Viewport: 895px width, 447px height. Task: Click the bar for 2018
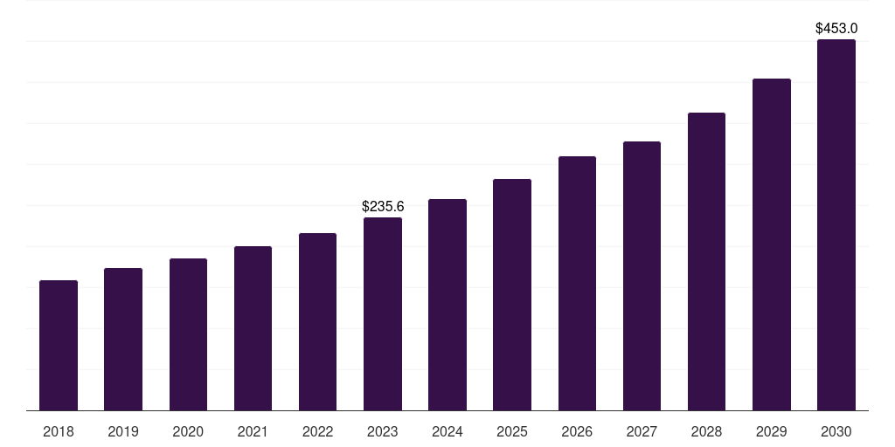(x=59, y=345)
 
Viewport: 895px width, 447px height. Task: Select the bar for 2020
(x=188, y=334)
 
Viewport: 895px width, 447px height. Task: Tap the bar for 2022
(x=317, y=321)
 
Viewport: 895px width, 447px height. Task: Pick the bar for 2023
(x=383, y=313)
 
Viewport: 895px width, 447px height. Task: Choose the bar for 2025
(x=512, y=294)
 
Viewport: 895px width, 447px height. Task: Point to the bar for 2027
(x=642, y=276)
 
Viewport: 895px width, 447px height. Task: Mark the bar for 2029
(x=772, y=244)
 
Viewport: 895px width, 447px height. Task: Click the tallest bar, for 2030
(x=836, y=224)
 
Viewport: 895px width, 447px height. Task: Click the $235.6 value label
(x=383, y=207)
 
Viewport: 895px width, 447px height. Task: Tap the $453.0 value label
(x=836, y=29)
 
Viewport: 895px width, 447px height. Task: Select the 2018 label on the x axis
(x=59, y=432)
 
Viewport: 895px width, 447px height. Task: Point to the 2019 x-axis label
(x=123, y=432)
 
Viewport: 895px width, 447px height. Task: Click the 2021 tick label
(x=253, y=432)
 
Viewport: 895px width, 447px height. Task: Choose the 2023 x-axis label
(x=383, y=432)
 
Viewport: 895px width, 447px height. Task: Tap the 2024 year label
(x=447, y=432)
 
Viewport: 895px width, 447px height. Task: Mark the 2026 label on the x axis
(x=577, y=432)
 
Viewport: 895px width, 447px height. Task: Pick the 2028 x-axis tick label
(x=706, y=432)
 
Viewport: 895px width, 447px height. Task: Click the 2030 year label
(x=836, y=432)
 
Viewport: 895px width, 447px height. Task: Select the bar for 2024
(x=447, y=305)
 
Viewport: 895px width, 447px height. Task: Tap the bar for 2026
(x=577, y=283)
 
